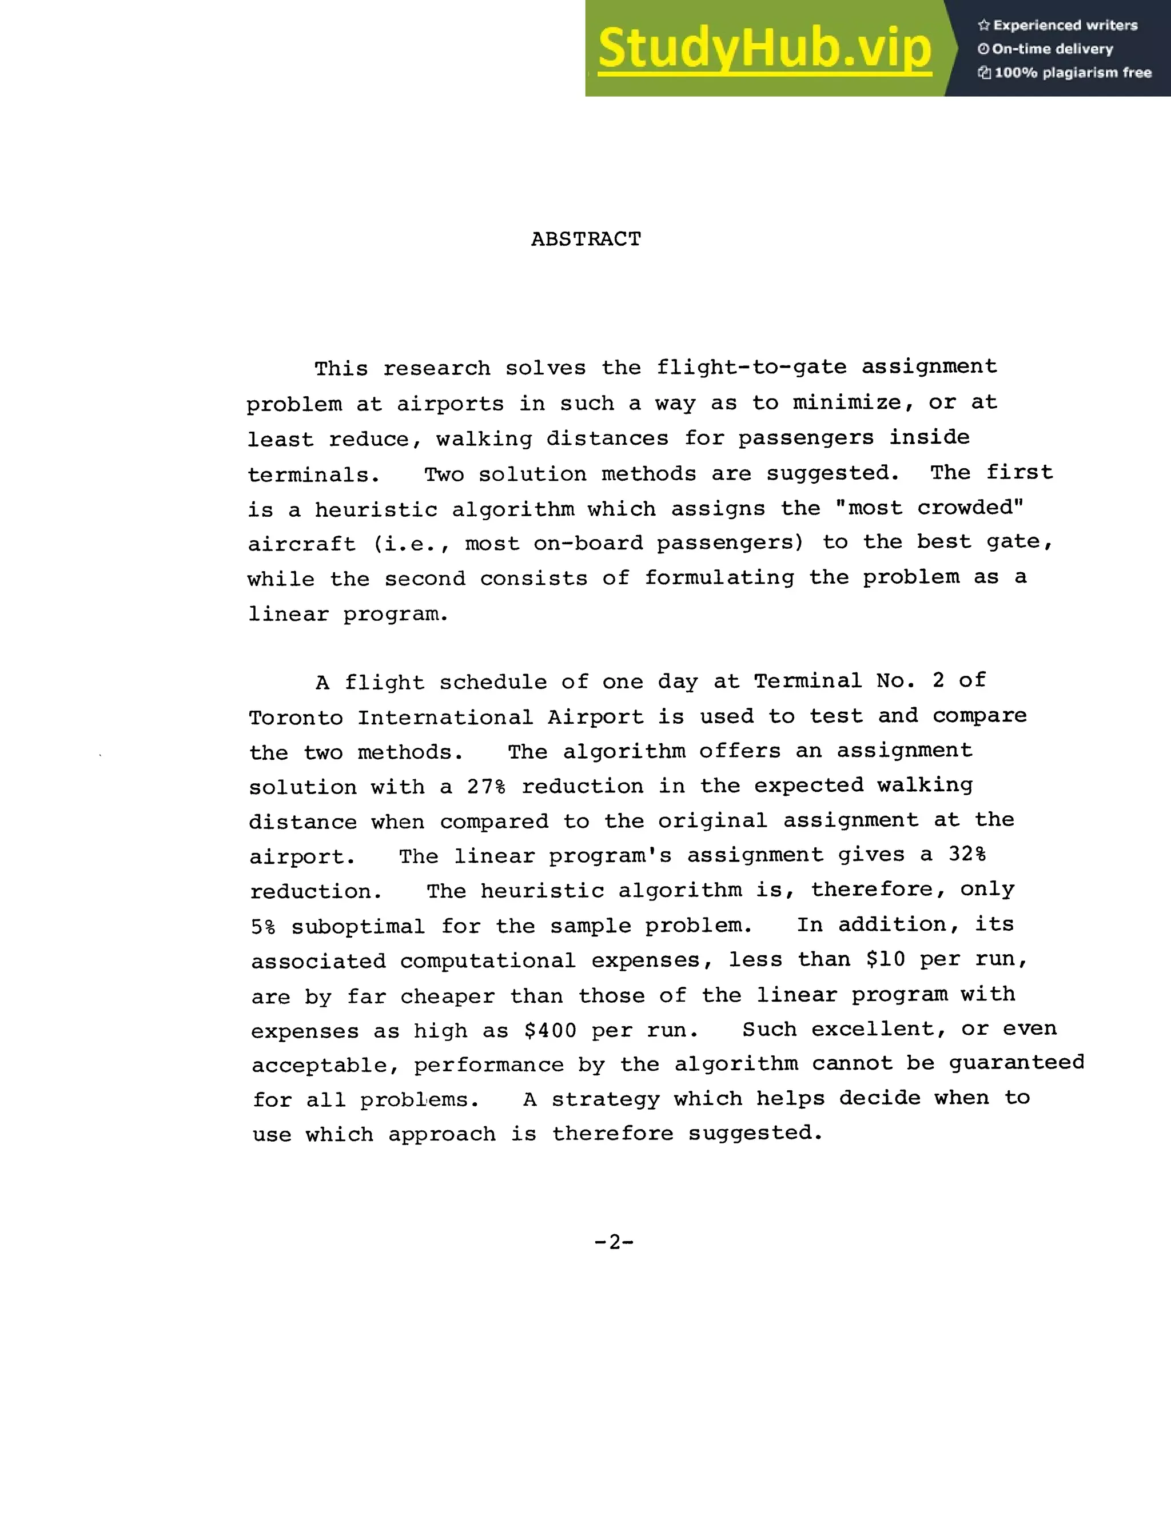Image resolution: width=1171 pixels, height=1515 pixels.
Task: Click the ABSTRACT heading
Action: pyautogui.click(x=586, y=240)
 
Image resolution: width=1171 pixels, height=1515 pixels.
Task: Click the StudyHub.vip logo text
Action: pyautogui.click(x=764, y=49)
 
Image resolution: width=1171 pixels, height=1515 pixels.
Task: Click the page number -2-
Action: pyautogui.click(x=614, y=1242)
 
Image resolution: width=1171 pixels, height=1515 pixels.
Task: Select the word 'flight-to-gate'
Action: pyautogui.click(x=751, y=367)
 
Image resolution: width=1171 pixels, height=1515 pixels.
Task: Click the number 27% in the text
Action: pyautogui.click(x=485, y=787)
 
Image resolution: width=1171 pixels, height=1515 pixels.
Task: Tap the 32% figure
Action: pyautogui.click(x=967, y=855)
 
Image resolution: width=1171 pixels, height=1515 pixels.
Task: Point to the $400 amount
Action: pyautogui.click(x=550, y=1031)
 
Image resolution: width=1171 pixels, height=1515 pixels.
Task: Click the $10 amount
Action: pyautogui.click(x=885, y=960)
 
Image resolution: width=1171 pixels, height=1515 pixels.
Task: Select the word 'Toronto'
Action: pyautogui.click(x=296, y=717)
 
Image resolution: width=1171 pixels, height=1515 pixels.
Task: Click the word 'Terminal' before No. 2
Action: pyautogui.click(x=807, y=681)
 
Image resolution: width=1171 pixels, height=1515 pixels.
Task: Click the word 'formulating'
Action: pyautogui.click(x=719, y=578)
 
